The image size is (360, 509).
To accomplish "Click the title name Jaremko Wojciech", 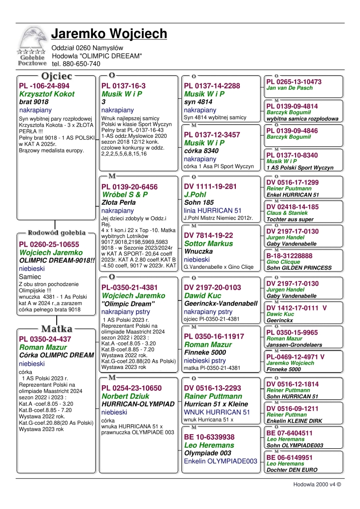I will pyautogui.click(x=109, y=34).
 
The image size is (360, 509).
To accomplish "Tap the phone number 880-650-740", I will pyautogui.click(x=76, y=64).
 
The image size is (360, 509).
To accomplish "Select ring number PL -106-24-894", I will pyautogui.click(x=44, y=86).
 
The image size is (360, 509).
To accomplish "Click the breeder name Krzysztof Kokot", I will pyautogui.click(x=47, y=94).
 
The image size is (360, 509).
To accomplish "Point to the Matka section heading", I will pyautogui.click(x=57, y=328).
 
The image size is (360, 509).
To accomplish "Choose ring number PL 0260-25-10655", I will pyautogui.click(x=49, y=244).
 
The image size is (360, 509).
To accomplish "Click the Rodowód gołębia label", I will pyautogui.click(x=57, y=233).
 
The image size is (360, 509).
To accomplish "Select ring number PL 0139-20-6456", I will pyautogui.click(x=130, y=187).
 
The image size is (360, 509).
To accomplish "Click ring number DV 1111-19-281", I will pyautogui.click(x=210, y=187).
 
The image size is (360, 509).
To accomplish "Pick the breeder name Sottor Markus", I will pyautogui.click(x=209, y=244).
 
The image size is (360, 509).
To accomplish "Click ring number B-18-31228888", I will pyautogui.click(x=295, y=256).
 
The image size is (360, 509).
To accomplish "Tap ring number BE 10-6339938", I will pyautogui.click(x=209, y=437).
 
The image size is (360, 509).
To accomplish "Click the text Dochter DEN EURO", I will pyautogui.click(x=292, y=470).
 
